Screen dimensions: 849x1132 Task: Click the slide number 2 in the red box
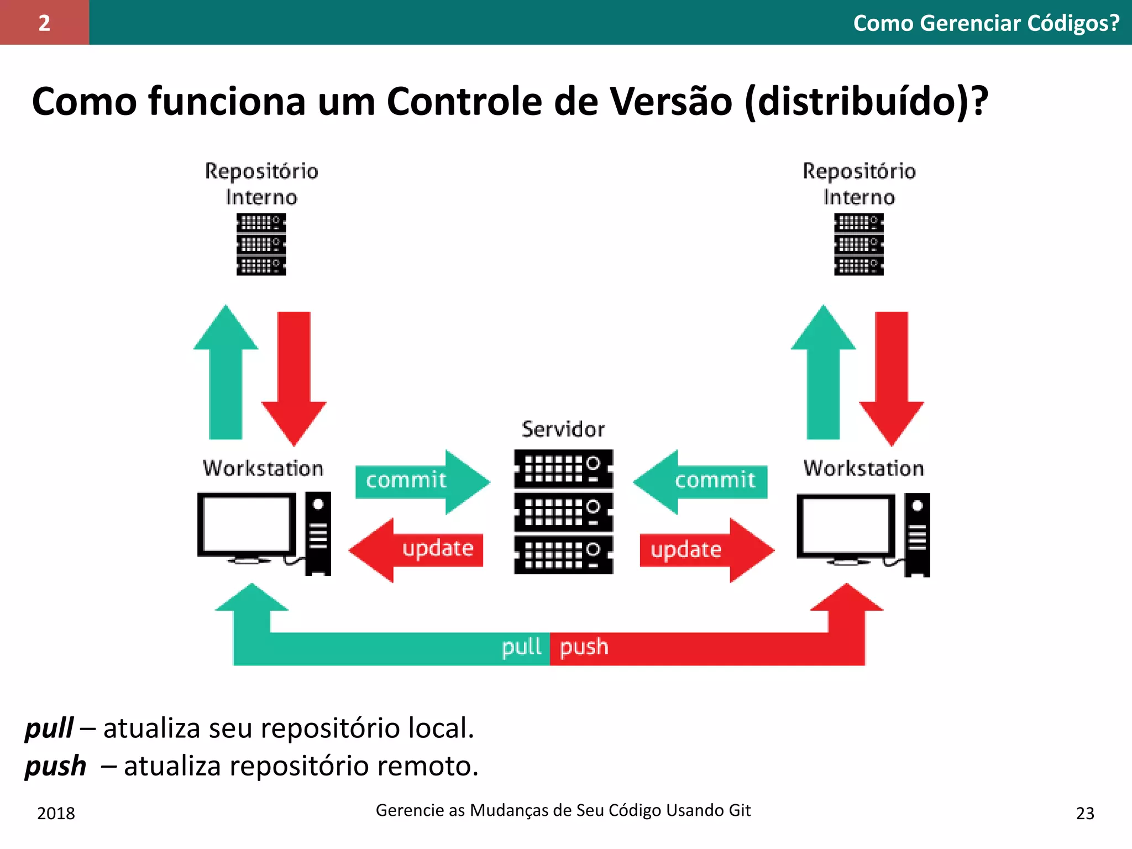pyautogui.click(x=44, y=23)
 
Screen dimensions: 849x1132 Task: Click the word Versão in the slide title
pyautogui.click(x=670, y=102)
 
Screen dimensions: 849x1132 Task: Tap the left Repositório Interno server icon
pyautogui.click(x=261, y=244)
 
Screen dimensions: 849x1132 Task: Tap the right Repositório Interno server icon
pyautogui.click(x=858, y=244)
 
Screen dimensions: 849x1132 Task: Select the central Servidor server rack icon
pyautogui.click(x=563, y=512)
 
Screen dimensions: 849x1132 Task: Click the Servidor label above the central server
pyautogui.click(x=563, y=429)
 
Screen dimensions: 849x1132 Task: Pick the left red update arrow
pyautogui.click(x=420, y=549)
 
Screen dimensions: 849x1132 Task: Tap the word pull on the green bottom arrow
pyautogui.click(x=521, y=647)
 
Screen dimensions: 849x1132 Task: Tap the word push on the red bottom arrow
pyautogui.click(x=584, y=647)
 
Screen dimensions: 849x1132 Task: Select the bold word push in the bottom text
pyautogui.click(x=55, y=766)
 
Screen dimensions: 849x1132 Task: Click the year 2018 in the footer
pyautogui.click(x=56, y=813)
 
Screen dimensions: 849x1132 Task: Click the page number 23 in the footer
pyautogui.click(x=1085, y=813)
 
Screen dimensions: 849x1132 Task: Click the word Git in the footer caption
pyautogui.click(x=740, y=810)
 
